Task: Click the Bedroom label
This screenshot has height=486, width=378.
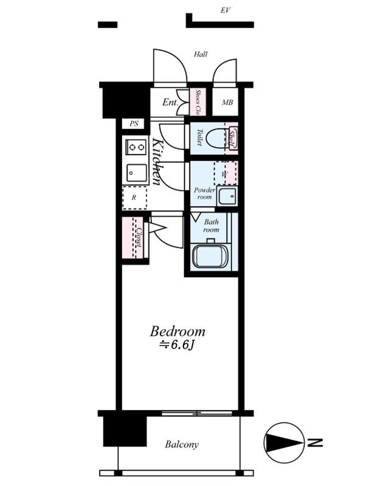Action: pos(177,331)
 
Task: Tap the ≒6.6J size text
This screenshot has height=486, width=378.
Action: pos(177,345)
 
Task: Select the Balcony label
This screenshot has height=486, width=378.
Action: pos(182,445)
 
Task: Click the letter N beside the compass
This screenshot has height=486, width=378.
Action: pos(315,443)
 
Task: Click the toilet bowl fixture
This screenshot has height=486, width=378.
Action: pos(216,139)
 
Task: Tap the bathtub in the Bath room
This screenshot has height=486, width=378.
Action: pos(210,256)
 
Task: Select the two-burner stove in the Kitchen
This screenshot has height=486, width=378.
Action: pos(136,147)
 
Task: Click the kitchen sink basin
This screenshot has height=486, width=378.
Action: pos(137,173)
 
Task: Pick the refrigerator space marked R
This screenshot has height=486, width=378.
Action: pos(134,198)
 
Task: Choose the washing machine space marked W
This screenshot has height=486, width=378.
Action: pos(225,174)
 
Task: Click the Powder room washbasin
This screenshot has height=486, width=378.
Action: pos(227,196)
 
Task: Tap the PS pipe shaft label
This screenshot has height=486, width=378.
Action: pos(134,124)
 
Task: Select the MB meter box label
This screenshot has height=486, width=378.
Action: pos(227,102)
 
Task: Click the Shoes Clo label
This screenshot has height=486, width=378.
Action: pos(198,102)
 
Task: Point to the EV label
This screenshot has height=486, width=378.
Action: pos(225,10)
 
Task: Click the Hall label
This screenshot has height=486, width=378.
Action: pos(201,54)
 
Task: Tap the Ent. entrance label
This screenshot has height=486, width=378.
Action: pos(170,102)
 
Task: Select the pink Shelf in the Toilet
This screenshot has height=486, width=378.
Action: pos(232,139)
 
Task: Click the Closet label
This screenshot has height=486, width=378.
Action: pos(139,238)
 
